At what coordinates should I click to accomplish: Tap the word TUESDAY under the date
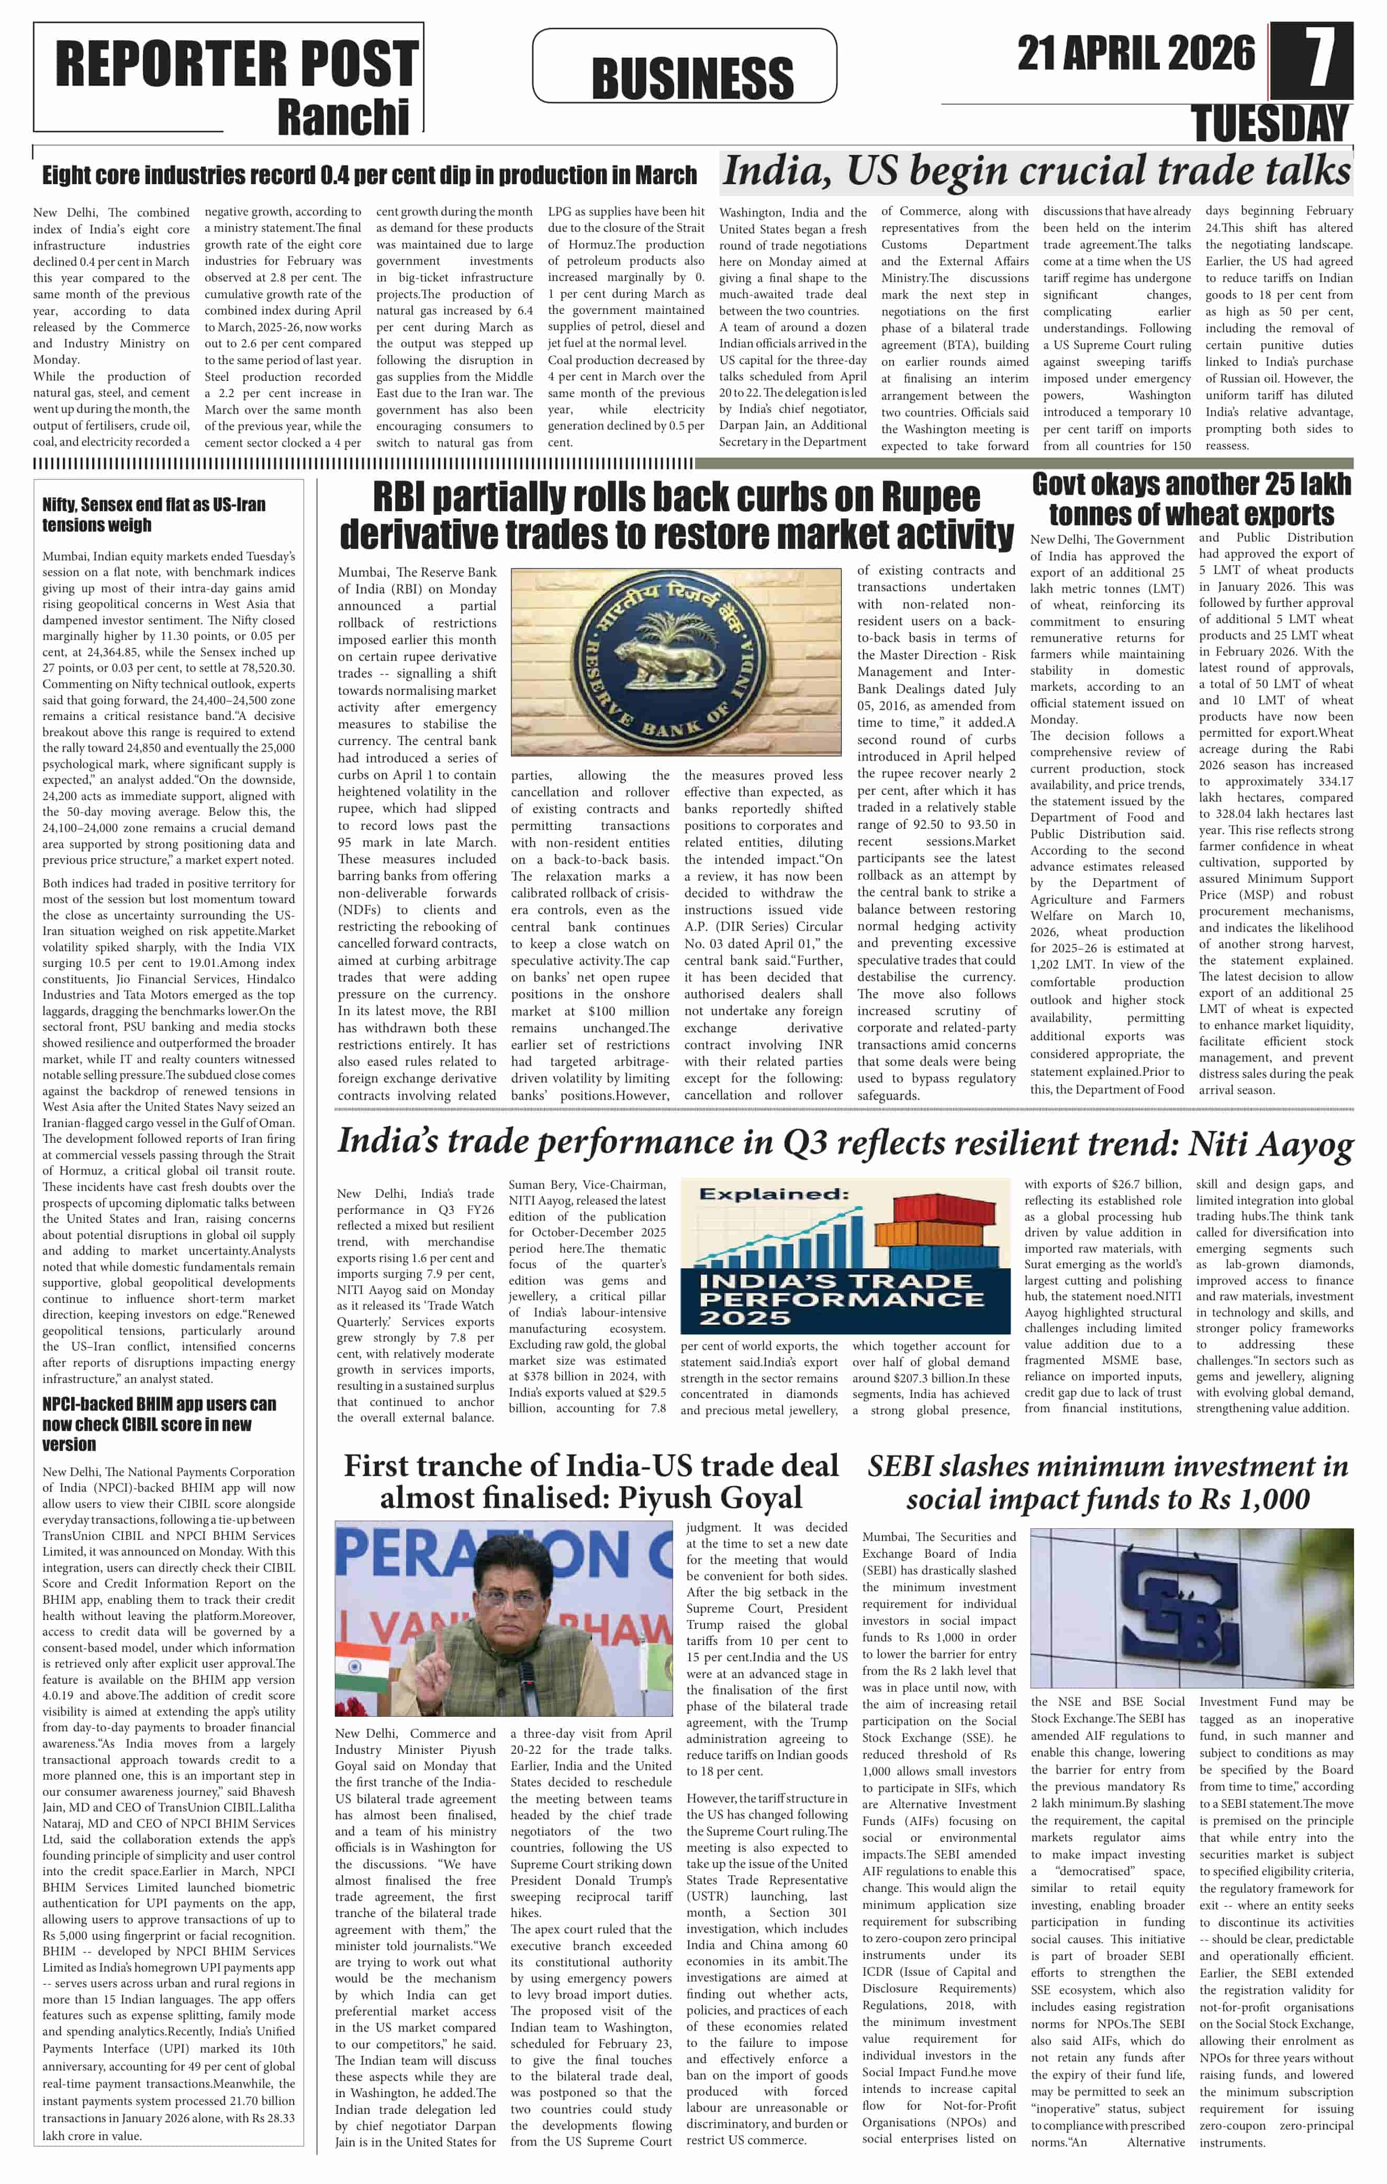[x=1270, y=123]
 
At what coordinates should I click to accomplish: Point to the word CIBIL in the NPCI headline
[x=172, y=1424]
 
